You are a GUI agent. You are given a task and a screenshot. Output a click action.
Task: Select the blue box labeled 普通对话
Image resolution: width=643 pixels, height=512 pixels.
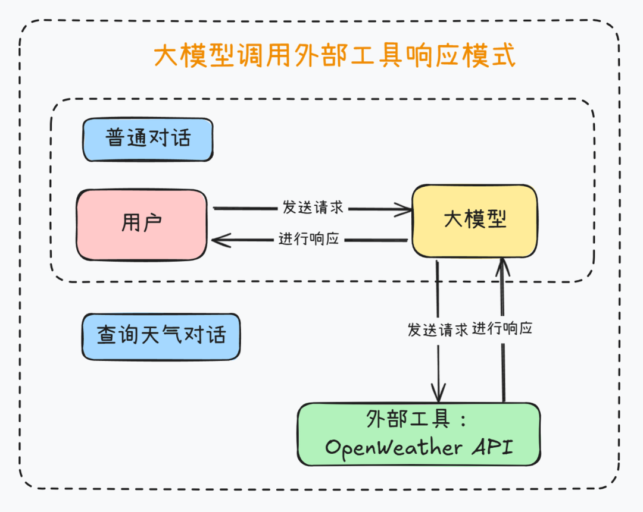pos(148,139)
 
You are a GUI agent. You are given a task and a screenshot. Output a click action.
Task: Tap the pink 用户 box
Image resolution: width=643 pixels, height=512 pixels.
pos(142,224)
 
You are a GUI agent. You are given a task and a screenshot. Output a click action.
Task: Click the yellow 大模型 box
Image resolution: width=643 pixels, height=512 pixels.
pos(475,220)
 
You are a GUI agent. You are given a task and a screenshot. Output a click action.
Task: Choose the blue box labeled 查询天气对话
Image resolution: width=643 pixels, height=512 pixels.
pos(161,336)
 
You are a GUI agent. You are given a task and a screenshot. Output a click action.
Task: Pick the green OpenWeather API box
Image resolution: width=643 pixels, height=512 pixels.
pos(419,434)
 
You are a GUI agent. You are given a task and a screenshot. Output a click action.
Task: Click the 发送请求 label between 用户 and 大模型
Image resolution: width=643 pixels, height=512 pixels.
pos(313,208)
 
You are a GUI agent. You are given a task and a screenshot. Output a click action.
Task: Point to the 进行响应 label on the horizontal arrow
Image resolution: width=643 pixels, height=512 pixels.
pos(308,239)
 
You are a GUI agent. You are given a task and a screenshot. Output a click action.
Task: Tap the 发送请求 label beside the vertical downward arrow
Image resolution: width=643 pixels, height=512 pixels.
pos(438,329)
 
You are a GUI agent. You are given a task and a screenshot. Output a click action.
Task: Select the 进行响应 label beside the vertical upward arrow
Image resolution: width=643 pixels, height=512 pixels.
pos(502,328)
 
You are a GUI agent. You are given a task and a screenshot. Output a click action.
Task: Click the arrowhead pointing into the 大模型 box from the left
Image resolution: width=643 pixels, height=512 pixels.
pos(406,209)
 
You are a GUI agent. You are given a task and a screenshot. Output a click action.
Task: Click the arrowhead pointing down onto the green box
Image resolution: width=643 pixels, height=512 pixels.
pos(438,394)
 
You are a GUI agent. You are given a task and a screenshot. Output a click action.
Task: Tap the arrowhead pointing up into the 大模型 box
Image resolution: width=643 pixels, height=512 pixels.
pos(503,266)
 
